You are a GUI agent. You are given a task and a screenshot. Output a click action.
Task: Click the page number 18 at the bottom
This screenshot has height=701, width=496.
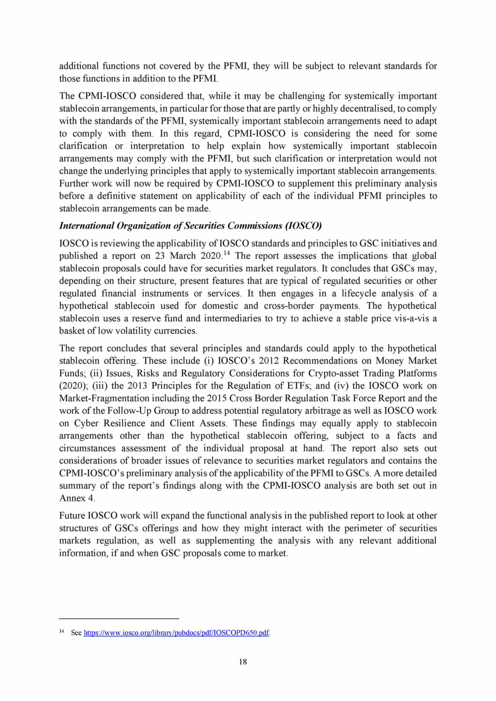(243, 662)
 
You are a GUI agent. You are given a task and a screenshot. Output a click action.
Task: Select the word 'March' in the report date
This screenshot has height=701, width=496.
(183, 256)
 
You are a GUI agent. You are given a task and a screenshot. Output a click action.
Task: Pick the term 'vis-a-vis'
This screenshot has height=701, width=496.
(401, 319)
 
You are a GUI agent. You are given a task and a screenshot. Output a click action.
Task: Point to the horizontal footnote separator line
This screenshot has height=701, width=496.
(119, 619)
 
